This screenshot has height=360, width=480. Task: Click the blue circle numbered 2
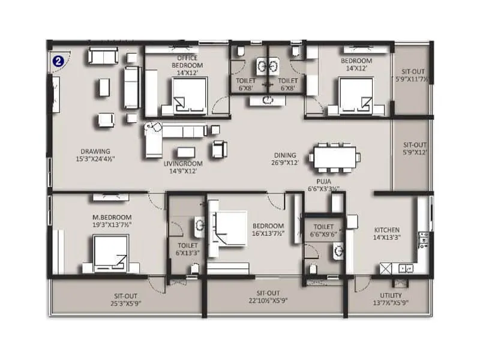58,61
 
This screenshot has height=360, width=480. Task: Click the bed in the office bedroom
190,97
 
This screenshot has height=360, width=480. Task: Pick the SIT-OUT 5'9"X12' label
415,148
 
